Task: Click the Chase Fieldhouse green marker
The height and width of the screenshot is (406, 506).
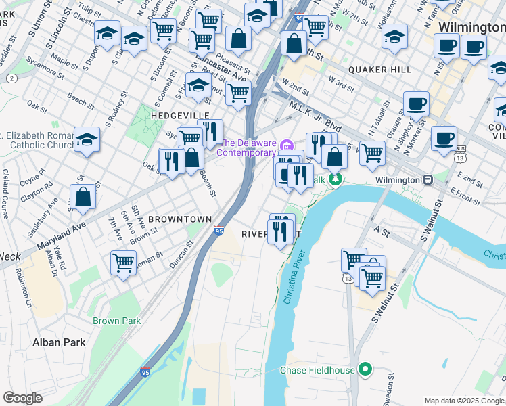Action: [366, 369]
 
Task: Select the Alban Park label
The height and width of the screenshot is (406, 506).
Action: [59, 342]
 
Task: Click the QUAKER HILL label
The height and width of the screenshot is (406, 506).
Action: [380, 70]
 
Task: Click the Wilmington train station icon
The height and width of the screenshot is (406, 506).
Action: [428, 180]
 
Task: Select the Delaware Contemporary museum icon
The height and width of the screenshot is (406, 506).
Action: [286, 143]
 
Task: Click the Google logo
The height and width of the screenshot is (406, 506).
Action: [22, 398]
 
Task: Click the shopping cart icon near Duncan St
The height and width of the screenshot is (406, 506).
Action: [123, 261]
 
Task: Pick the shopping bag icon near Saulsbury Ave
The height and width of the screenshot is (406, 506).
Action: [83, 197]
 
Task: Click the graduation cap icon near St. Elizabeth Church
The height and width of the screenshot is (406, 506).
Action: [87, 140]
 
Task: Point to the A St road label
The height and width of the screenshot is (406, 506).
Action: [382, 231]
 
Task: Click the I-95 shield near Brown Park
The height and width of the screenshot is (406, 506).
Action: [145, 372]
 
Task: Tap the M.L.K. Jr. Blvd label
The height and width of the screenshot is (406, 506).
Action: [315, 115]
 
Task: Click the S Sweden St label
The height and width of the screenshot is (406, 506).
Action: [391, 386]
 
